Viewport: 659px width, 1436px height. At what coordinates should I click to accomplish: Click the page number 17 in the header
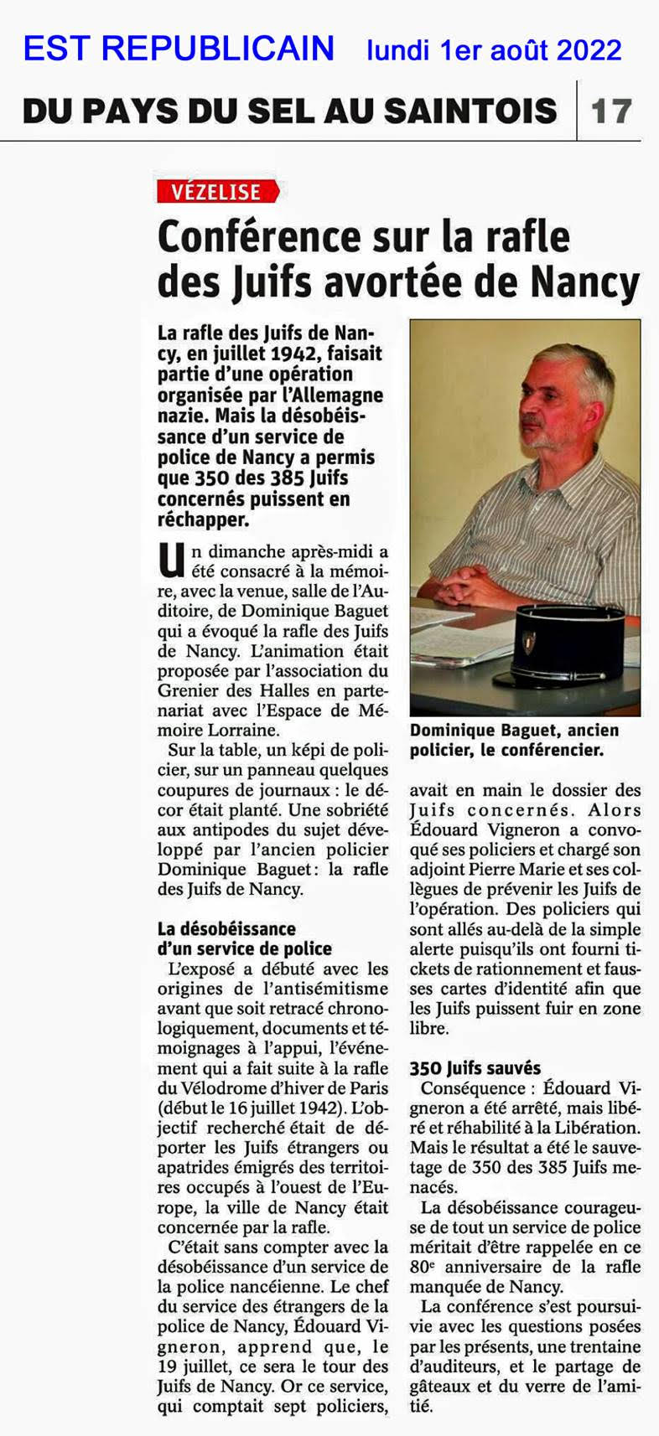pos(611,111)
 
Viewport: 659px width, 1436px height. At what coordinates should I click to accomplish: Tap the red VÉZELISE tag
pos(216,192)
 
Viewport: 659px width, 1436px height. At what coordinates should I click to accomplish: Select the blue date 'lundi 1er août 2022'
pos(494,50)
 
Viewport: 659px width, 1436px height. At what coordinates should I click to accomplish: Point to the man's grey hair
pos(579,373)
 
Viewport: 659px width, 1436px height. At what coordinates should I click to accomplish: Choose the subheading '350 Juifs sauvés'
pos(475,1068)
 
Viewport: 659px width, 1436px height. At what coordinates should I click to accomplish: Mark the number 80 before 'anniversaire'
pos(419,1268)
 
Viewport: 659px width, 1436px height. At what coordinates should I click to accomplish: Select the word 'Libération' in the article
pos(599,1128)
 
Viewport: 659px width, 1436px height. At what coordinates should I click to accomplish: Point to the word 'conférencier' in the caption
pos(554,751)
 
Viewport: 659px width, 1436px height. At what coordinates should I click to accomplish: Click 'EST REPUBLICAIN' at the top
pos(179,49)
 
